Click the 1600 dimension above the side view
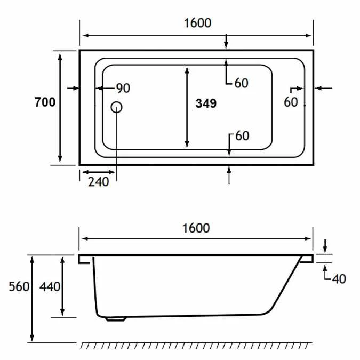tap(196, 228)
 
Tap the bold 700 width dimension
tap(45, 102)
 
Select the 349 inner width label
tap(206, 103)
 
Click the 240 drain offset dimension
tap(98, 182)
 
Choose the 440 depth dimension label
tap(50, 286)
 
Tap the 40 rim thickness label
tap(339, 278)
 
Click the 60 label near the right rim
tap(291, 102)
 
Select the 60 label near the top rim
tap(241, 83)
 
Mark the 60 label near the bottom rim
tap(242, 136)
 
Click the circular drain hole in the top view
tap(117, 107)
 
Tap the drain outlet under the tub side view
tap(116, 319)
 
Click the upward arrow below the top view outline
tap(229, 175)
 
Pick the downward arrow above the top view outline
tap(227, 41)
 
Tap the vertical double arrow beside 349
tap(187, 107)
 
